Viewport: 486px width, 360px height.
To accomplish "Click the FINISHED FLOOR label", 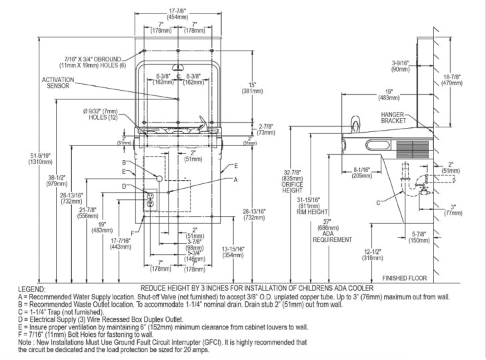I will click(404, 277).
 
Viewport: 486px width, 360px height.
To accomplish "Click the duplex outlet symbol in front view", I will click(151, 199).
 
